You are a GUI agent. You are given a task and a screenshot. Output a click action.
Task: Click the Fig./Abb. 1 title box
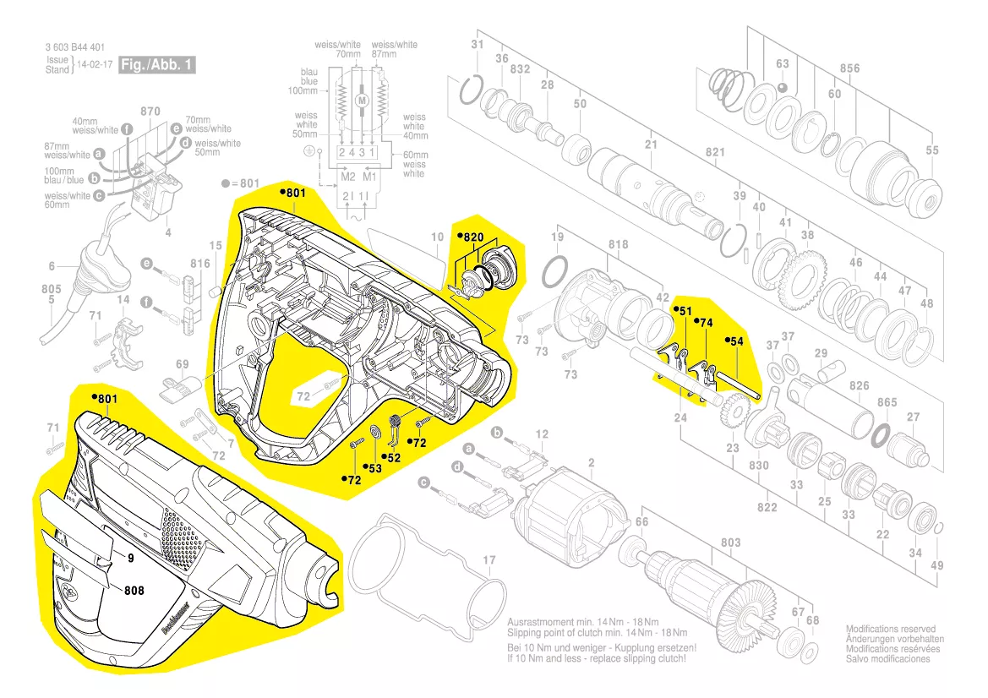point(158,65)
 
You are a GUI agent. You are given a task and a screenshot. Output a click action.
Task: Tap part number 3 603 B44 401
point(75,48)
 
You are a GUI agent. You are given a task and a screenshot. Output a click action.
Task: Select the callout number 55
point(932,150)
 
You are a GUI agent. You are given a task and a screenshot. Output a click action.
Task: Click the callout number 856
point(849,68)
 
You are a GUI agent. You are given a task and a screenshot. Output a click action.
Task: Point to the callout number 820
point(472,237)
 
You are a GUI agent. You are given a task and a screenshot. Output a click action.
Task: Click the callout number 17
point(489,560)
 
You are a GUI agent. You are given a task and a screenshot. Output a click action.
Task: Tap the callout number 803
point(730,543)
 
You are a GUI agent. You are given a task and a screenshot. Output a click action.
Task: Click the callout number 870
point(150,112)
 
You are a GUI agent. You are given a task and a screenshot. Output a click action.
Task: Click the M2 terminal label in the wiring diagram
point(347,177)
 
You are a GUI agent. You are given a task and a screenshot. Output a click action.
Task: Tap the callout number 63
point(782,64)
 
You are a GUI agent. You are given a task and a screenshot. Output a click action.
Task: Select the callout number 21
point(651,145)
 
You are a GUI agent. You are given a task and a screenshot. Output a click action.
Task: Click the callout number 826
point(860,386)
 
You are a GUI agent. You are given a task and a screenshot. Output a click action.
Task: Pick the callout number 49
point(936,565)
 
